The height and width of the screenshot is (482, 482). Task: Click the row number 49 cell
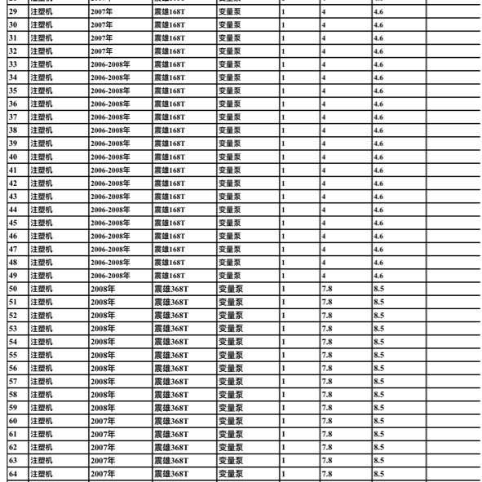pyautogui.click(x=13, y=276)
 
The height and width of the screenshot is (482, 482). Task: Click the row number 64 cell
pyautogui.click(x=13, y=474)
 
